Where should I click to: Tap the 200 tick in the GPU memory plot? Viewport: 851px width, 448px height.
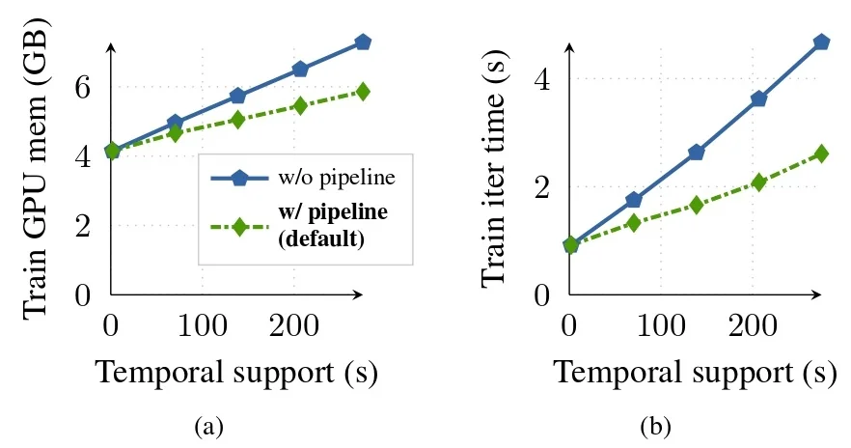293,326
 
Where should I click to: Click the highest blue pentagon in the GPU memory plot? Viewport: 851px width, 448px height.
363,42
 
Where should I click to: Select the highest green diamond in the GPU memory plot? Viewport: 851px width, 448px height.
363,91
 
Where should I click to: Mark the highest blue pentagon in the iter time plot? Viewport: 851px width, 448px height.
821,42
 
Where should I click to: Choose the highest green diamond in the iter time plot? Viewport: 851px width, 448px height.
821,154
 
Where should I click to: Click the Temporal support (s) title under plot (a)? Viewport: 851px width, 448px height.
235,372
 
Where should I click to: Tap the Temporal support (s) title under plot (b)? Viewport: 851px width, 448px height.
694,372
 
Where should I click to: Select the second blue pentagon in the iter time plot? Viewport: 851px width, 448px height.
634,200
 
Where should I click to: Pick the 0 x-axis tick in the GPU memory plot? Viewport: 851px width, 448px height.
112,326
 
